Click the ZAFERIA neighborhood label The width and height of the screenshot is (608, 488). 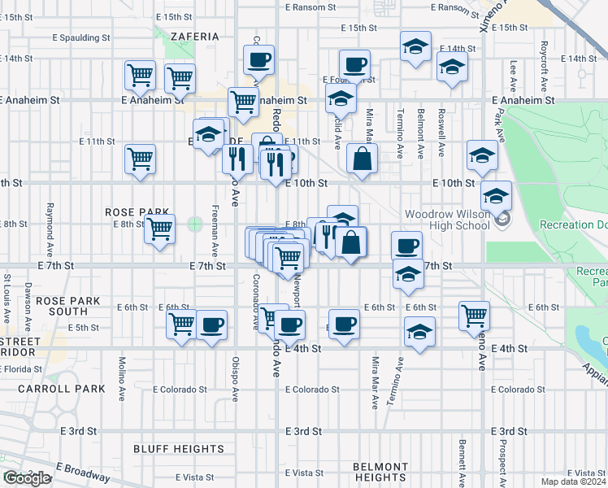click(x=195, y=37)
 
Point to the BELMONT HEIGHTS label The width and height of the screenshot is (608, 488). click(x=380, y=472)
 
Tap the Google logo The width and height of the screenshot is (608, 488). click(x=26, y=478)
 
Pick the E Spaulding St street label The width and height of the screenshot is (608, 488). click(x=80, y=37)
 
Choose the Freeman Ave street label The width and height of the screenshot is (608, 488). click(x=215, y=228)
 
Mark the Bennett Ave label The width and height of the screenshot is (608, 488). click(x=461, y=460)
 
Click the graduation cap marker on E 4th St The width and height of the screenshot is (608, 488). click(x=419, y=332)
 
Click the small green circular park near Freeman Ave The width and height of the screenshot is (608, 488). click(x=194, y=223)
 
